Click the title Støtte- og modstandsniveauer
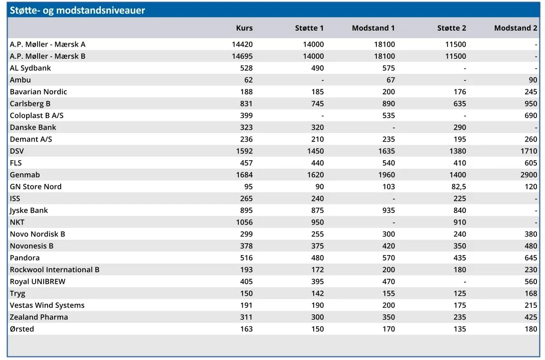(77, 11)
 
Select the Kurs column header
(244, 28)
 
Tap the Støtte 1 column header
(309, 28)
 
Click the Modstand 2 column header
(515, 28)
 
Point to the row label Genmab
(25, 175)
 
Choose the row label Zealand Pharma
(39, 317)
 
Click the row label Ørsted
(22, 329)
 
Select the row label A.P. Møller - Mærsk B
(48, 56)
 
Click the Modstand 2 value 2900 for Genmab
(528, 175)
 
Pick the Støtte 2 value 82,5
(459, 187)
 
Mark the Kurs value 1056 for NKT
(244, 222)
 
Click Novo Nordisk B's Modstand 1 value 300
(388, 234)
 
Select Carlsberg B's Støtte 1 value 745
(318, 103)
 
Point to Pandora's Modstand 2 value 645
(531, 258)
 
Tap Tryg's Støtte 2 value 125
(460, 294)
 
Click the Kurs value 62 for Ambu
(248, 80)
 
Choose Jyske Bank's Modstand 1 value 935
(388, 210)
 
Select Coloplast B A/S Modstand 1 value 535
(388, 115)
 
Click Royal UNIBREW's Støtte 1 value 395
(318, 282)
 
